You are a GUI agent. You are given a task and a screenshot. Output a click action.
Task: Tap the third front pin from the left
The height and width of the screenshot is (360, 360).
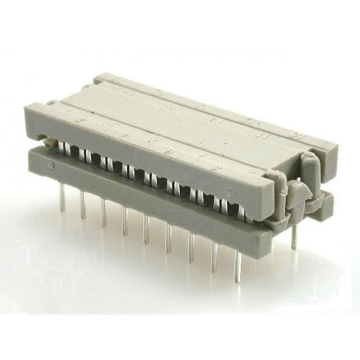click(x=104, y=214)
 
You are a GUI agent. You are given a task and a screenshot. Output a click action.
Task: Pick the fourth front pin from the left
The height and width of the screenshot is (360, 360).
click(x=125, y=222)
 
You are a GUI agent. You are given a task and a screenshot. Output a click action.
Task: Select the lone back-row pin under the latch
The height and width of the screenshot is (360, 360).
click(x=291, y=236)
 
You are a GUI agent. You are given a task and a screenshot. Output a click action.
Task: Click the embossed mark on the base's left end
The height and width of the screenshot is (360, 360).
click(x=53, y=167)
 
